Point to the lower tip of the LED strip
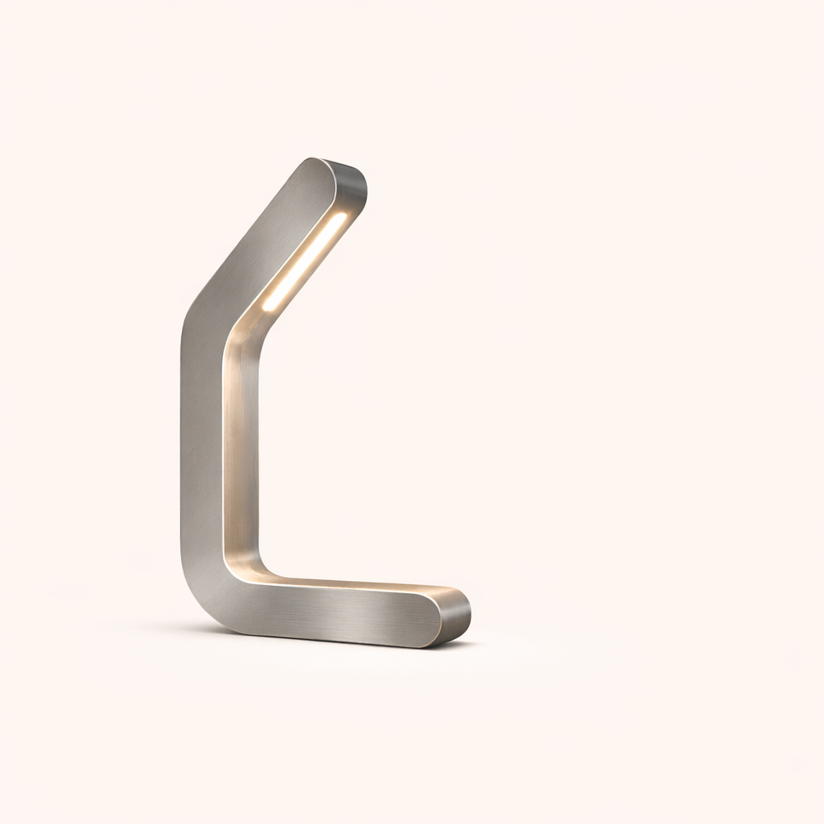point(268,306)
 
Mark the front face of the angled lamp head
point(266,241)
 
